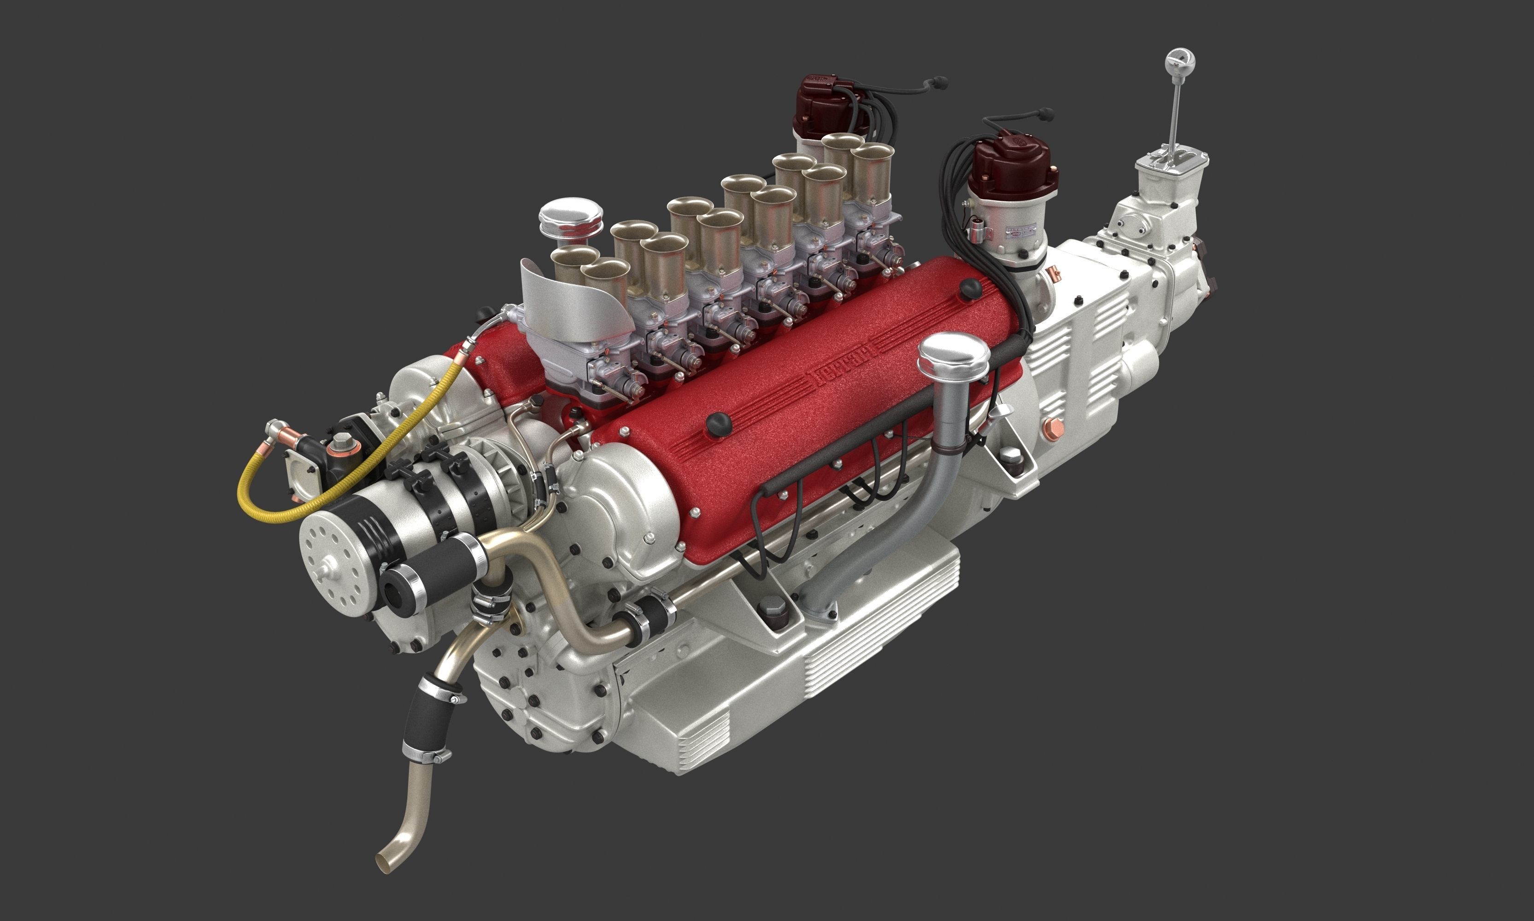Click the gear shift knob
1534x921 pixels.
1180,62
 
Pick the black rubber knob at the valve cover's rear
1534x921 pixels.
970,289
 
